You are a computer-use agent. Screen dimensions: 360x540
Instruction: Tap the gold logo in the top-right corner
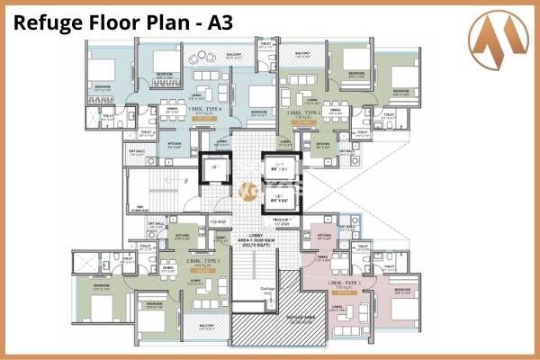(x=499, y=35)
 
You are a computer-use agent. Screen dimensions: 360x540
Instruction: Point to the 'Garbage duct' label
(x=267, y=289)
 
